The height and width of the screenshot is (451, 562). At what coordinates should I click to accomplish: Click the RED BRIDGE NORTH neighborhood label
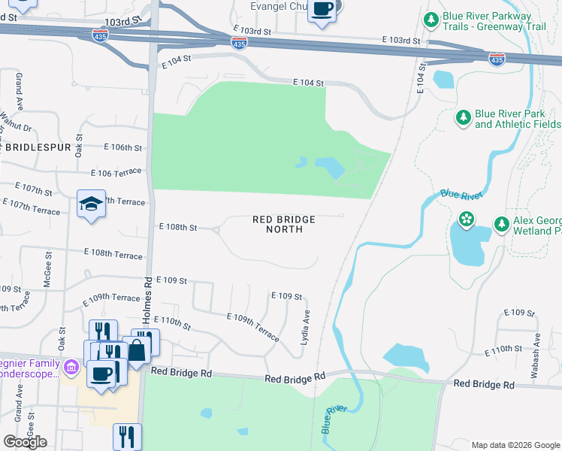pyautogui.click(x=283, y=224)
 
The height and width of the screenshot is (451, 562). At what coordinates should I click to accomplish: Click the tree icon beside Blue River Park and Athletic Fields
pyautogui.click(x=464, y=117)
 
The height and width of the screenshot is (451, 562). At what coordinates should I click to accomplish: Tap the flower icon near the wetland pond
pyautogui.click(x=467, y=219)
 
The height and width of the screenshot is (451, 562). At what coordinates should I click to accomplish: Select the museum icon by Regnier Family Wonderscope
pyautogui.click(x=71, y=368)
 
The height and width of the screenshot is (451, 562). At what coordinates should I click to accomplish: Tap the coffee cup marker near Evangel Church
pyautogui.click(x=322, y=9)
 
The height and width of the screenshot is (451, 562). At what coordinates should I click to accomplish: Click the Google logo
pyautogui.click(x=25, y=442)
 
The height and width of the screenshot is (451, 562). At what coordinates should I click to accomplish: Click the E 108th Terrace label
pyautogui.click(x=113, y=254)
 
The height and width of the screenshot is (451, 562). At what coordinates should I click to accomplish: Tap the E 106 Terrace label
pyautogui.click(x=116, y=173)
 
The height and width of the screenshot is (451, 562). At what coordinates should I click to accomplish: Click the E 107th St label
pyautogui.click(x=34, y=187)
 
